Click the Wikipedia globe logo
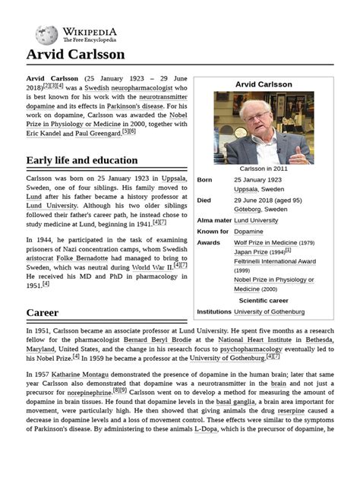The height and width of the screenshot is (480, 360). click(x=46, y=33)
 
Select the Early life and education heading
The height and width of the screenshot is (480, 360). click(x=81, y=160)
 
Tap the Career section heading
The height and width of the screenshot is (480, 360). click(x=42, y=312)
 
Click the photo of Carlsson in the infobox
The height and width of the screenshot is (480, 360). click(x=263, y=128)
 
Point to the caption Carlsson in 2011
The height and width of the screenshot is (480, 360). click(x=264, y=168)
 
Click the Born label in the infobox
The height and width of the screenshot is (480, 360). click(x=204, y=180)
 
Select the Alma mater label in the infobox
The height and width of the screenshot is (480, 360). click(x=213, y=220)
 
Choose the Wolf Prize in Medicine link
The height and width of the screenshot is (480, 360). click(x=265, y=242)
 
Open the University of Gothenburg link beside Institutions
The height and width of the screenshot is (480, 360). click(x=269, y=311)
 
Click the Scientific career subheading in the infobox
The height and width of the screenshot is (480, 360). click(x=263, y=300)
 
